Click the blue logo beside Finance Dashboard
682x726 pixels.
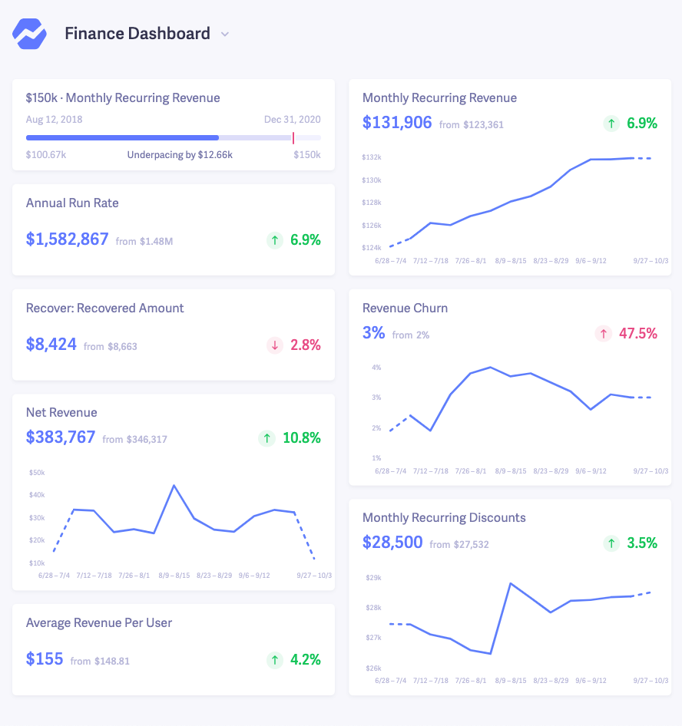coord(29,34)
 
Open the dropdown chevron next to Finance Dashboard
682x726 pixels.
coord(225,35)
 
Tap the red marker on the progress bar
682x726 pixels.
coord(293,137)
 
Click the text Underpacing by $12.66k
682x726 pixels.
coord(180,155)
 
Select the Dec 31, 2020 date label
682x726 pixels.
coord(292,119)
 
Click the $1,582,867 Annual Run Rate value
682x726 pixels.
coord(68,239)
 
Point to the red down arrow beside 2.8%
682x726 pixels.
coord(274,345)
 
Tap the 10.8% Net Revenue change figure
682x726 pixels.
coord(301,438)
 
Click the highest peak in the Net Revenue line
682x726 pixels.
coord(174,486)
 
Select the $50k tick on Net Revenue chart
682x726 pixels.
coord(37,473)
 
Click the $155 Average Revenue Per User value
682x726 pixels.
coord(45,659)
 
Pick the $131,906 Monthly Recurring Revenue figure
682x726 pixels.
coord(397,123)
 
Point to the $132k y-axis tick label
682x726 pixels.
coord(372,157)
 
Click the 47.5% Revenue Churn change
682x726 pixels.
coord(638,334)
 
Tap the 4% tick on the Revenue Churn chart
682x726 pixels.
coord(376,368)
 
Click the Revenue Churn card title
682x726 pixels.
coord(405,309)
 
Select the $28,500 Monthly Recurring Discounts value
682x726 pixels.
coord(392,543)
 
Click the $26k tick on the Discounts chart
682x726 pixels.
coord(372,668)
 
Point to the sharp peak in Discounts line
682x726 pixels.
coord(511,583)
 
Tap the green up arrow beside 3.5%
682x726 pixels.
coord(611,543)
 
